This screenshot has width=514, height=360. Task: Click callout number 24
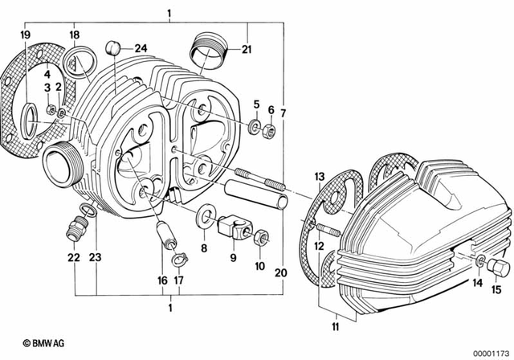click(x=141, y=47)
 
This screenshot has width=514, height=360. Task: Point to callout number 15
click(x=495, y=289)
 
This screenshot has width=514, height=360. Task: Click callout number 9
click(x=233, y=259)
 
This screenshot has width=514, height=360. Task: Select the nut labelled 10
click(x=261, y=237)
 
